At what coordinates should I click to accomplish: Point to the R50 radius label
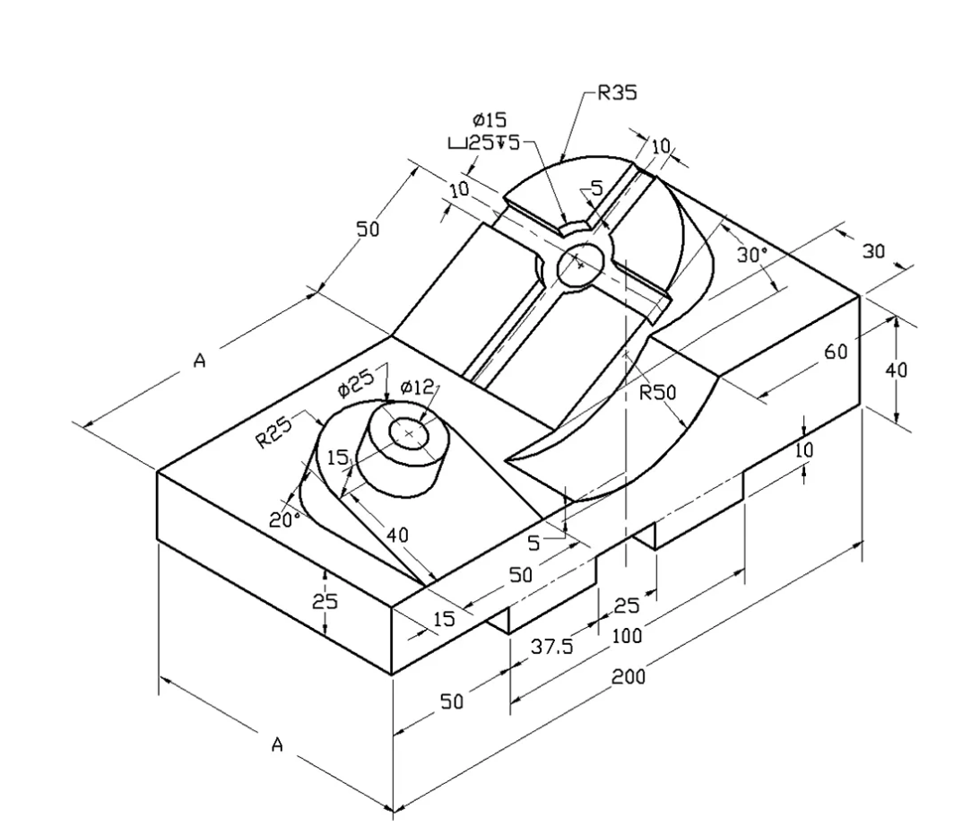click(656, 392)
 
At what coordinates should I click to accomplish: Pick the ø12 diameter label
click(417, 387)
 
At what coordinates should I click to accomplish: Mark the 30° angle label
click(752, 255)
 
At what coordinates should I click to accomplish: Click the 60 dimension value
click(836, 351)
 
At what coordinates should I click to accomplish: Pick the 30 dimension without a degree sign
click(873, 252)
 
